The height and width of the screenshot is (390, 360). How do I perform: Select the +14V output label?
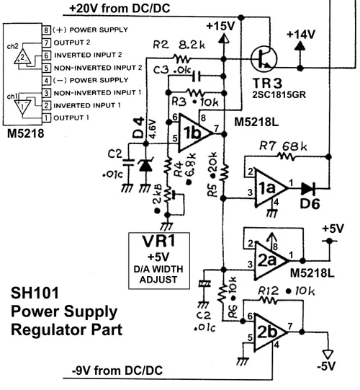(x=300, y=34)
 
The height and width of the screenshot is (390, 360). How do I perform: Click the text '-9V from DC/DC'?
(x=117, y=371)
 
